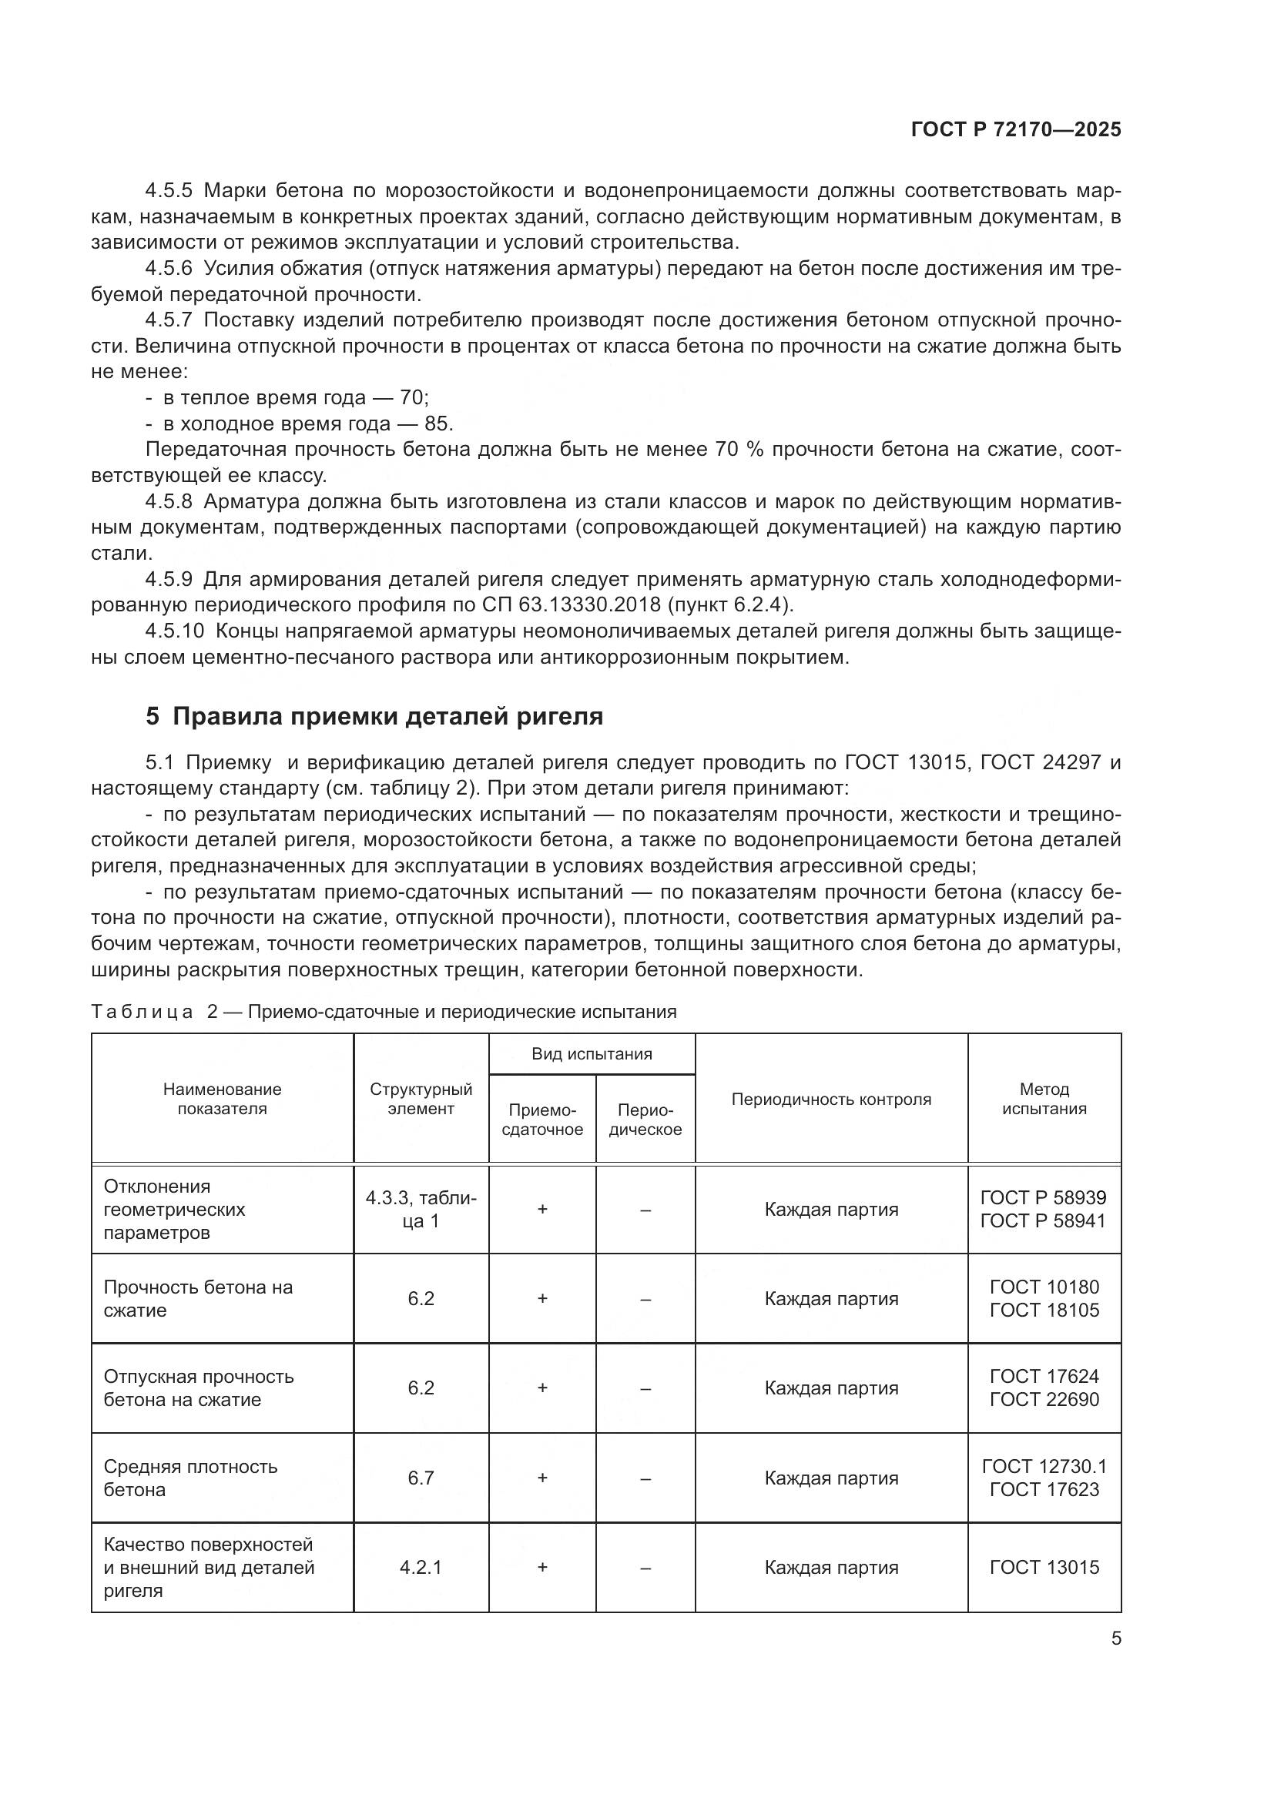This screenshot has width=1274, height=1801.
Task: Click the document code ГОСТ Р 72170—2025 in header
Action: (x=1016, y=130)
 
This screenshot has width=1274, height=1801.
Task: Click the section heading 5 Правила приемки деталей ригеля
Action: (x=374, y=716)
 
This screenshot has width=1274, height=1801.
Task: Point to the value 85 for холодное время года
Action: (x=436, y=424)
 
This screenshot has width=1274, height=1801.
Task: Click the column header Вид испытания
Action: (x=592, y=1053)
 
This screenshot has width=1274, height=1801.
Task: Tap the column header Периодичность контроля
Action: (x=831, y=1099)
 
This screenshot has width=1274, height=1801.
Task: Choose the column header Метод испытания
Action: (x=1044, y=1099)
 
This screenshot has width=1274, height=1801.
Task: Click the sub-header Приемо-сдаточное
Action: (x=542, y=1120)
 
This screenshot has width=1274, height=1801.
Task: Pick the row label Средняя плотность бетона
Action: (x=190, y=1478)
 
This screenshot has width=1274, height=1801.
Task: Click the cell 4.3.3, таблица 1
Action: (x=421, y=1209)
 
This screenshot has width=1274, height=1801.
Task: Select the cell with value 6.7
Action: (x=421, y=1478)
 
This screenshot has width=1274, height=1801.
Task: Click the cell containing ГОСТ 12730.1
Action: (x=1044, y=1466)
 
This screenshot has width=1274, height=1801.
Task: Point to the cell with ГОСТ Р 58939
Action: (x=1044, y=1198)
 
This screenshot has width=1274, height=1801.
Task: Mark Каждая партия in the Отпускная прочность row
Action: (x=831, y=1388)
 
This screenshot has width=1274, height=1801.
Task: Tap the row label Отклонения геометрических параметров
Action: (x=174, y=1209)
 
